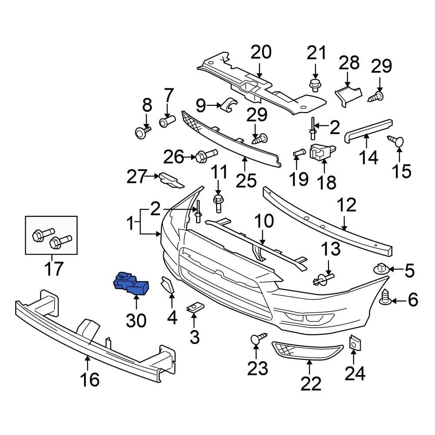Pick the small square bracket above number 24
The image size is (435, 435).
[355, 344]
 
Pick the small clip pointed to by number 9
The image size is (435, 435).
[228, 105]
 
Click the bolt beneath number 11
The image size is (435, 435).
[218, 201]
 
